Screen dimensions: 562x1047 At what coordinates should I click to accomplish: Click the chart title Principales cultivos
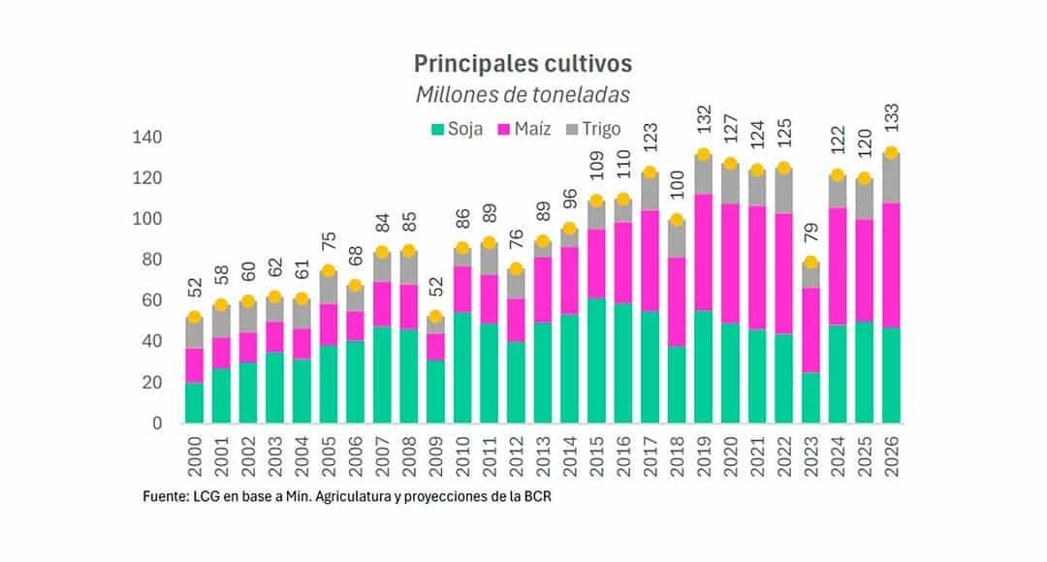pyautogui.click(x=523, y=63)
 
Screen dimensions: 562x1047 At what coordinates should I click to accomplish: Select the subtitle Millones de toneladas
pyautogui.click(x=523, y=95)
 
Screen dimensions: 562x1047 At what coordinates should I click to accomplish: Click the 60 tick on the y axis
pyautogui.click(x=149, y=301)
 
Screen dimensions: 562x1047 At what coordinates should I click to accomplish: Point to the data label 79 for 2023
pyautogui.click(x=810, y=240)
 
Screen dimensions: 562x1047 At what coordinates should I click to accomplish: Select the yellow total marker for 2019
pyautogui.click(x=704, y=155)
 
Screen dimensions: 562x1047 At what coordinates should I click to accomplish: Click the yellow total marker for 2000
pyautogui.click(x=195, y=317)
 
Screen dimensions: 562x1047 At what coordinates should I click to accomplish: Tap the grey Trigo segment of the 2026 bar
pyautogui.click(x=891, y=178)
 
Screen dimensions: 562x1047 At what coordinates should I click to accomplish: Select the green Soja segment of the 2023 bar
pyautogui.click(x=810, y=397)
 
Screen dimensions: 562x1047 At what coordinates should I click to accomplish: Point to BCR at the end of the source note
pyautogui.click(x=547, y=497)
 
